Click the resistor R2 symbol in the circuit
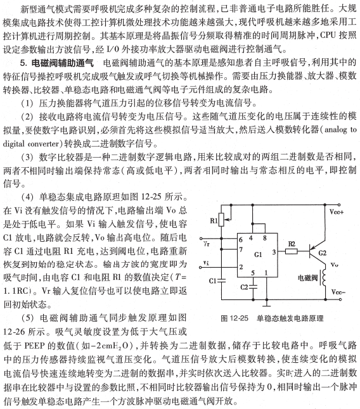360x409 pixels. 292,251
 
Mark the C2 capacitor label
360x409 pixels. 244,286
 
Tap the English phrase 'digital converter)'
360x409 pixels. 39,144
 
